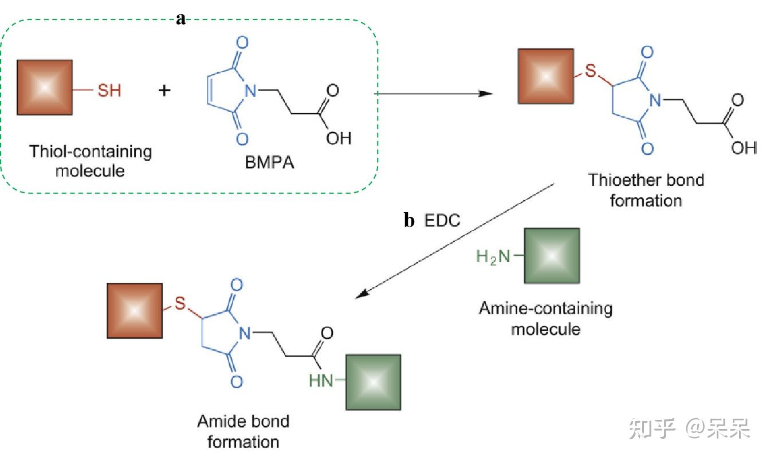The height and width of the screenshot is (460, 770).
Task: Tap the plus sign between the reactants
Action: coord(164,90)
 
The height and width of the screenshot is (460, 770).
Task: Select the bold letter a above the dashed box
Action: coord(181,19)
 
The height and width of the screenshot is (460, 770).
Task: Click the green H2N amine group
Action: coord(493,257)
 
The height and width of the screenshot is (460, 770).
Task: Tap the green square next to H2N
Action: coord(552,256)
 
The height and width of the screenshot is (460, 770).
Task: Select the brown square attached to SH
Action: coord(45,87)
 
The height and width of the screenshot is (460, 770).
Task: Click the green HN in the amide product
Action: coord(321,380)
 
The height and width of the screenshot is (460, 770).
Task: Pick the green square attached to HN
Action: coord(372,382)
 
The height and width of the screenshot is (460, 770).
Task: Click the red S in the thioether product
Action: coord(591,73)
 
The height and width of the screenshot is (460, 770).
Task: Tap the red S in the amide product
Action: coord(180,304)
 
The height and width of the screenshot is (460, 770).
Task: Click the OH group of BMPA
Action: coord(338,138)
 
